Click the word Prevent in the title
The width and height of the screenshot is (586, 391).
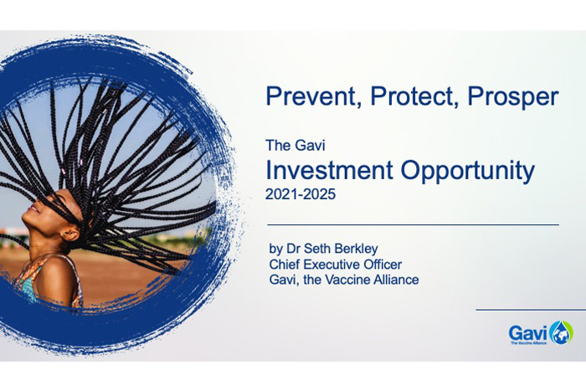[x=313, y=96]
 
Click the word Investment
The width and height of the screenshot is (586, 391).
[x=329, y=170]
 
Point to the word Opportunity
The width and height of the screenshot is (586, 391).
[x=467, y=172]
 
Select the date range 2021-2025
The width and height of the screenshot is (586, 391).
[x=301, y=194]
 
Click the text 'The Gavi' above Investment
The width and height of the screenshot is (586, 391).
[x=296, y=146]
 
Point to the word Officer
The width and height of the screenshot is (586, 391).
[x=379, y=265]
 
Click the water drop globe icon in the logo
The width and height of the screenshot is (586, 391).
[x=562, y=332]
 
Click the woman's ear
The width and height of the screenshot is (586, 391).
[x=70, y=234]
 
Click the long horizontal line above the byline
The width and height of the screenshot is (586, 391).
[x=413, y=225]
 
